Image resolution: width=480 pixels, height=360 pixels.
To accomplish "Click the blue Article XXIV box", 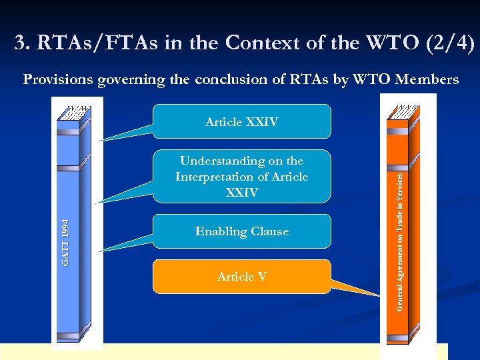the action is point(241,121).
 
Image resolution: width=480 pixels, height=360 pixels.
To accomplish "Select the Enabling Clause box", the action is point(241,231).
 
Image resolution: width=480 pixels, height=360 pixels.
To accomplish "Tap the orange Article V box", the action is point(241,277).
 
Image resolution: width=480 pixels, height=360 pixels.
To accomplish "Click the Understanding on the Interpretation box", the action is point(241,177).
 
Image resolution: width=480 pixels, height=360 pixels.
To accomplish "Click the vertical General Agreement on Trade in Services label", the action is point(399,241).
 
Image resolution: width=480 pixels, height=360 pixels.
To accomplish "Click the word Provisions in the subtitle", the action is point(58,80).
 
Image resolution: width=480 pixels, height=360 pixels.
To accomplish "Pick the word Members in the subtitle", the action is point(427,80).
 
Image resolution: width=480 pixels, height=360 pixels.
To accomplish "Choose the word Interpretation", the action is point(217,177).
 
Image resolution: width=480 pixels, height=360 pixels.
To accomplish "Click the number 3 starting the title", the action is point(20,43).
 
